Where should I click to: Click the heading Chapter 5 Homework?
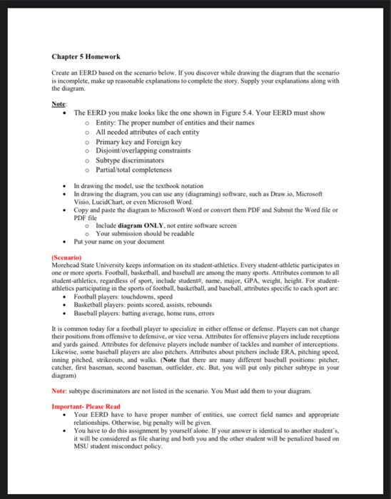pyautogui.click(x=86, y=56)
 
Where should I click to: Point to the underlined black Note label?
pyautogui.click(x=59, y=103)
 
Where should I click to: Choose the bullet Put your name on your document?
pyautogui.click(x=122, y=242)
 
